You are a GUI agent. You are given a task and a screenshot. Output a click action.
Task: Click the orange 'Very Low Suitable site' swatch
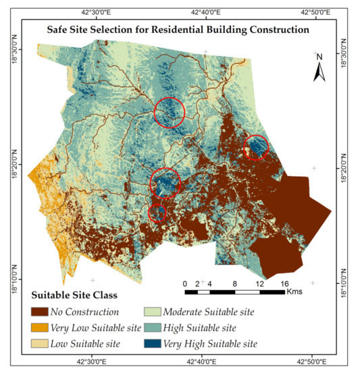[x=42, y=329]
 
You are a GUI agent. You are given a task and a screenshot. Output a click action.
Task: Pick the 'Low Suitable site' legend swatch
[x=42, y=345]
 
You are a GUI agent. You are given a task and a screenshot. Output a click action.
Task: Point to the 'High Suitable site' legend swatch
[x=156, y=329]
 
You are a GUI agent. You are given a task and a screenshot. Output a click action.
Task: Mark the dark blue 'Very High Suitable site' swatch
[x=156, y=345]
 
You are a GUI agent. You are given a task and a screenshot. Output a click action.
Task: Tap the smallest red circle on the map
[x=157, y=213]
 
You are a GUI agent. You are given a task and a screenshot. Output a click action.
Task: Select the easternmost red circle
[x=255, y=146]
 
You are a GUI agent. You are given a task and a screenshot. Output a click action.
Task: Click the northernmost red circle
[x=169, y=112]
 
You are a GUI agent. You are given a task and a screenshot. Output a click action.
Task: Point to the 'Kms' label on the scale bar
[x=294, y=292]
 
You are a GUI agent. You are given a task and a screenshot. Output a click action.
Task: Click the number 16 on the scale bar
[x=284, y=283]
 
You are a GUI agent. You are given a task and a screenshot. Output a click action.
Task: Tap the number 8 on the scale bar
[x=234, y=283]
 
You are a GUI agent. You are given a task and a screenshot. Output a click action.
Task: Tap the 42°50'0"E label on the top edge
[x=315, y=11]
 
